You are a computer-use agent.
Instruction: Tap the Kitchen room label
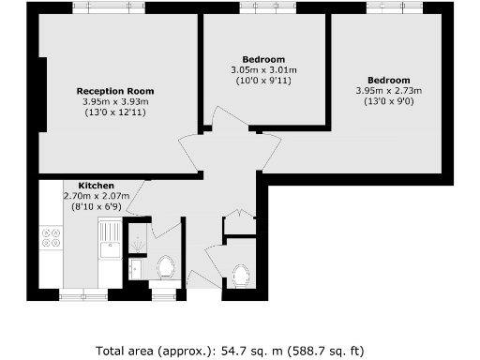[x=97, y=185]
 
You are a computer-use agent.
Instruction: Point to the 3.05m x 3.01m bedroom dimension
[x=263, y=69]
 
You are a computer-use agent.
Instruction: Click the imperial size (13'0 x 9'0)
[x=388, y=101]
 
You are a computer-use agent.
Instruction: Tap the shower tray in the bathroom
[x=138, y=240]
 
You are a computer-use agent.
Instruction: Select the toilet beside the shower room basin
[x=168, y=267]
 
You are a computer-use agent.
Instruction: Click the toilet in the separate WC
[x=241, y=275]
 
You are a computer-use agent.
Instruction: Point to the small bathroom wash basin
[x=135, y=268]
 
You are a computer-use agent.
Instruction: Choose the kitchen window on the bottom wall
[x=83, y=294]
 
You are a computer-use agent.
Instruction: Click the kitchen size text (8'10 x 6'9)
[x=97, y=206]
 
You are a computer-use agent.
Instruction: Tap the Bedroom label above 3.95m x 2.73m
[x=388, y=80]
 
